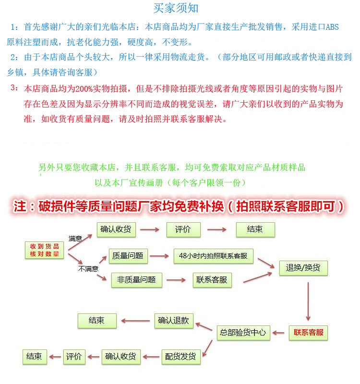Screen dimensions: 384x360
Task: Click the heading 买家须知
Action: pyautogui.click(x=176, y=8)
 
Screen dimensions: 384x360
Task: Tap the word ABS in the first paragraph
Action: pyautogui.click(x=332, y=27)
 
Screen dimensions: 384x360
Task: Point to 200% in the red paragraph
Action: pyautogui.click(x=86, y=89)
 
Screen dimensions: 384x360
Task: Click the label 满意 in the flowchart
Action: pyautogui.click(x=75, y=239)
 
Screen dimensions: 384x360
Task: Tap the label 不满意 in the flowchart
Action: pyautogui.click(x=88, y=269)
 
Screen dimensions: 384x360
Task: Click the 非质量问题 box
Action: pyautogui.click(x=136, y=280)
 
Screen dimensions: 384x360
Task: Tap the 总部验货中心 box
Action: pyautogui.click(x=243, y=332)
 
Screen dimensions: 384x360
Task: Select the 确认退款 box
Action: pyautogui.click(x=173, y=321)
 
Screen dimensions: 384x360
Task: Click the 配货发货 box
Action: pyautogui.click(x=180, y=357)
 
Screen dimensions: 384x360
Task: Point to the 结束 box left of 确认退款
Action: pyautogui.click(x=96, y=321)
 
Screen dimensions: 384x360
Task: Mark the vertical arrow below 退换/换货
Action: pyautogui.click(x=308, y=300)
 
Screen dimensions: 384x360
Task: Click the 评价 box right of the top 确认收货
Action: pyautogui.click(x=183, y=229)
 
